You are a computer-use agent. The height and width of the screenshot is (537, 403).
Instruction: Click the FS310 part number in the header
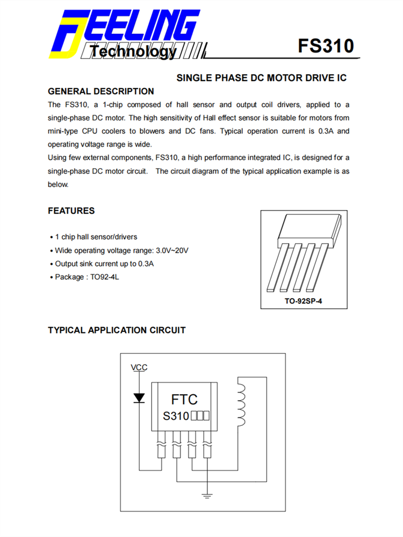pyautogui.click(x=326, y=46)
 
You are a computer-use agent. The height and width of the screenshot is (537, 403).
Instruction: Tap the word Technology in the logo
pyautogui.click(x=132, y=52)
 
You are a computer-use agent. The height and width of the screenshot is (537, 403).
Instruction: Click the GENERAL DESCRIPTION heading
pyautogui.click(x=101, y=91)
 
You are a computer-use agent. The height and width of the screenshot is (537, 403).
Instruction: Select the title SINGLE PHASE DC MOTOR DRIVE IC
pyautogui.click(x=262, y=78)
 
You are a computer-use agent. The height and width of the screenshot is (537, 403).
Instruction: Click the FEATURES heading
pyautogui.click(x=71, y=211)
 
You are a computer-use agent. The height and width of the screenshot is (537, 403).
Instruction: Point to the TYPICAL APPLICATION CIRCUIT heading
pyautogui.click(x=117, y=330)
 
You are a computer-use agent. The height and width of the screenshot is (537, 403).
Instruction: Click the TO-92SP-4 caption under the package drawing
pyautogui.click(x=303, y=301)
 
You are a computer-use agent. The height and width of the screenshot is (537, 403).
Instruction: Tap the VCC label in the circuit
pyautogui.click(x=139, y=368)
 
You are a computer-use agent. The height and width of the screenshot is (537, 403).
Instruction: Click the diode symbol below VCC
pyautogui.click(x=139, y=398)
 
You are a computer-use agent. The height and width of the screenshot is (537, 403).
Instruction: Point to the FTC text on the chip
pyautogui.click(x=184, y=400)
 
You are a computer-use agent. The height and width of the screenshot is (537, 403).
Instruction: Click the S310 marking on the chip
pyautogui.click(x=176, y=416)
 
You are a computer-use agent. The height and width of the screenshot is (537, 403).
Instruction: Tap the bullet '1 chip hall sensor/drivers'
pyautogui.click(x=96, y=237)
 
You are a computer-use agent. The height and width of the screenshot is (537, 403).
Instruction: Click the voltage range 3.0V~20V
pyautogui.click(x=172, y=250)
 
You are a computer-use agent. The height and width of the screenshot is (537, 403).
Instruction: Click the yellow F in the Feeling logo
pyautogui.click(x=67, y=35)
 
